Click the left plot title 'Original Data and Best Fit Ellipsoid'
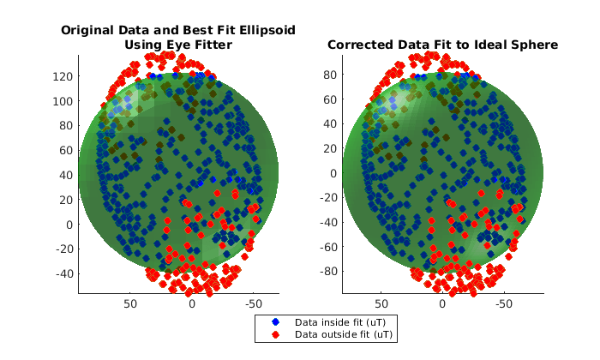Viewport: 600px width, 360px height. pyautogui.click(x=177, y=30)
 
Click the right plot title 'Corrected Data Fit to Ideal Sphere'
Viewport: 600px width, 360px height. pyautogui.click(x=442, y=45)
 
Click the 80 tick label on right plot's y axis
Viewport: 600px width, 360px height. pyautogui.click(x=325, y=75)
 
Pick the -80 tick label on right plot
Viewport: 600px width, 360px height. pyautogui.click(x=321, y=272)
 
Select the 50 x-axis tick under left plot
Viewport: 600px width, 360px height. pyautogui.click(x=131, y=303)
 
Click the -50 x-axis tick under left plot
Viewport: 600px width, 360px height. pyautogui.click(x=254, y=303)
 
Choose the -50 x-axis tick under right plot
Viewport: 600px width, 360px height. pyautogui.click(x=504, y=303)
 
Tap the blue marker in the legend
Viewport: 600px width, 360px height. pyautogui.click(x=276, y=322)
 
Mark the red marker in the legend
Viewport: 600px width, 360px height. pyautogui.click(x=276, y=334)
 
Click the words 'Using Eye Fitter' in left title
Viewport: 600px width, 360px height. pyautogui.click(x=177, y=45)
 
